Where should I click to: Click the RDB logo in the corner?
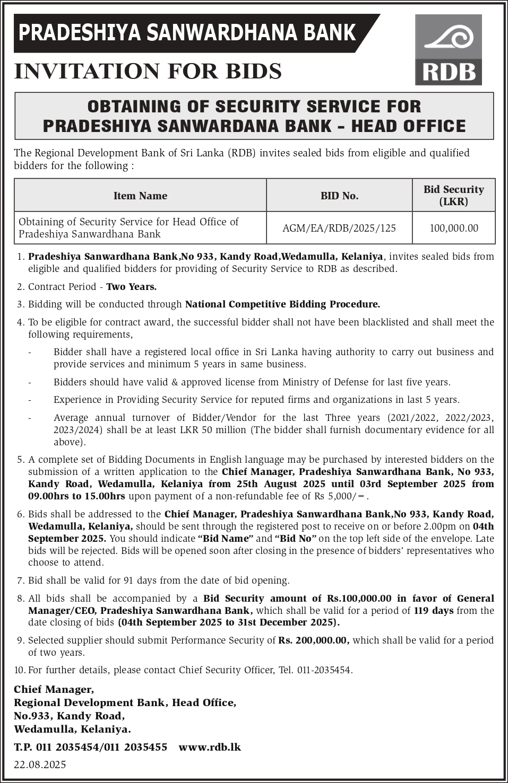pyautogui.click(x=448, y=50)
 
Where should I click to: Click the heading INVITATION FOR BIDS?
pyautogui.click(x=148, y=71)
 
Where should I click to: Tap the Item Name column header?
pyautogui.click(x=140, y=196)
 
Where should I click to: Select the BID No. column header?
pyautogui.click(x=339, y=196)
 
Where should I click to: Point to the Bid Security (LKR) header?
pyautogui.click(x=453, y=195)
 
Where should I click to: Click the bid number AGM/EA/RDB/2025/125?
pyautogui.click(x=339, y=228)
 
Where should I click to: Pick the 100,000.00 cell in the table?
pyautogui.click(x=453, y=228)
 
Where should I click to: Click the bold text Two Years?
pyautogui.click(x=131, y=287)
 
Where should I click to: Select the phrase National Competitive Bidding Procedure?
pyautogui.click(x=282, y=304)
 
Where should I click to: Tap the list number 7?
pyautogui.click(x=21, y=580)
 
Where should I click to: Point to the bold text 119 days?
pyautogui.click(x=434, y=610)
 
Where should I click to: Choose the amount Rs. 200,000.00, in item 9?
pyautogui.click(x=314, y=640)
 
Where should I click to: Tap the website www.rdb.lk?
pyautogui.click(x=210, y=747)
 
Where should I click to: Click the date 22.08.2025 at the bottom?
pyautogui.click(x=40, y=764)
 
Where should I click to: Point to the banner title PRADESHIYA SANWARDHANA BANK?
pyautogui.click(x=187, y=33)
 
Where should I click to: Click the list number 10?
pyautogui.click(x=20, y=670)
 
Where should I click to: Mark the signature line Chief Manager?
pyautogui.click(x=54, y=689)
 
